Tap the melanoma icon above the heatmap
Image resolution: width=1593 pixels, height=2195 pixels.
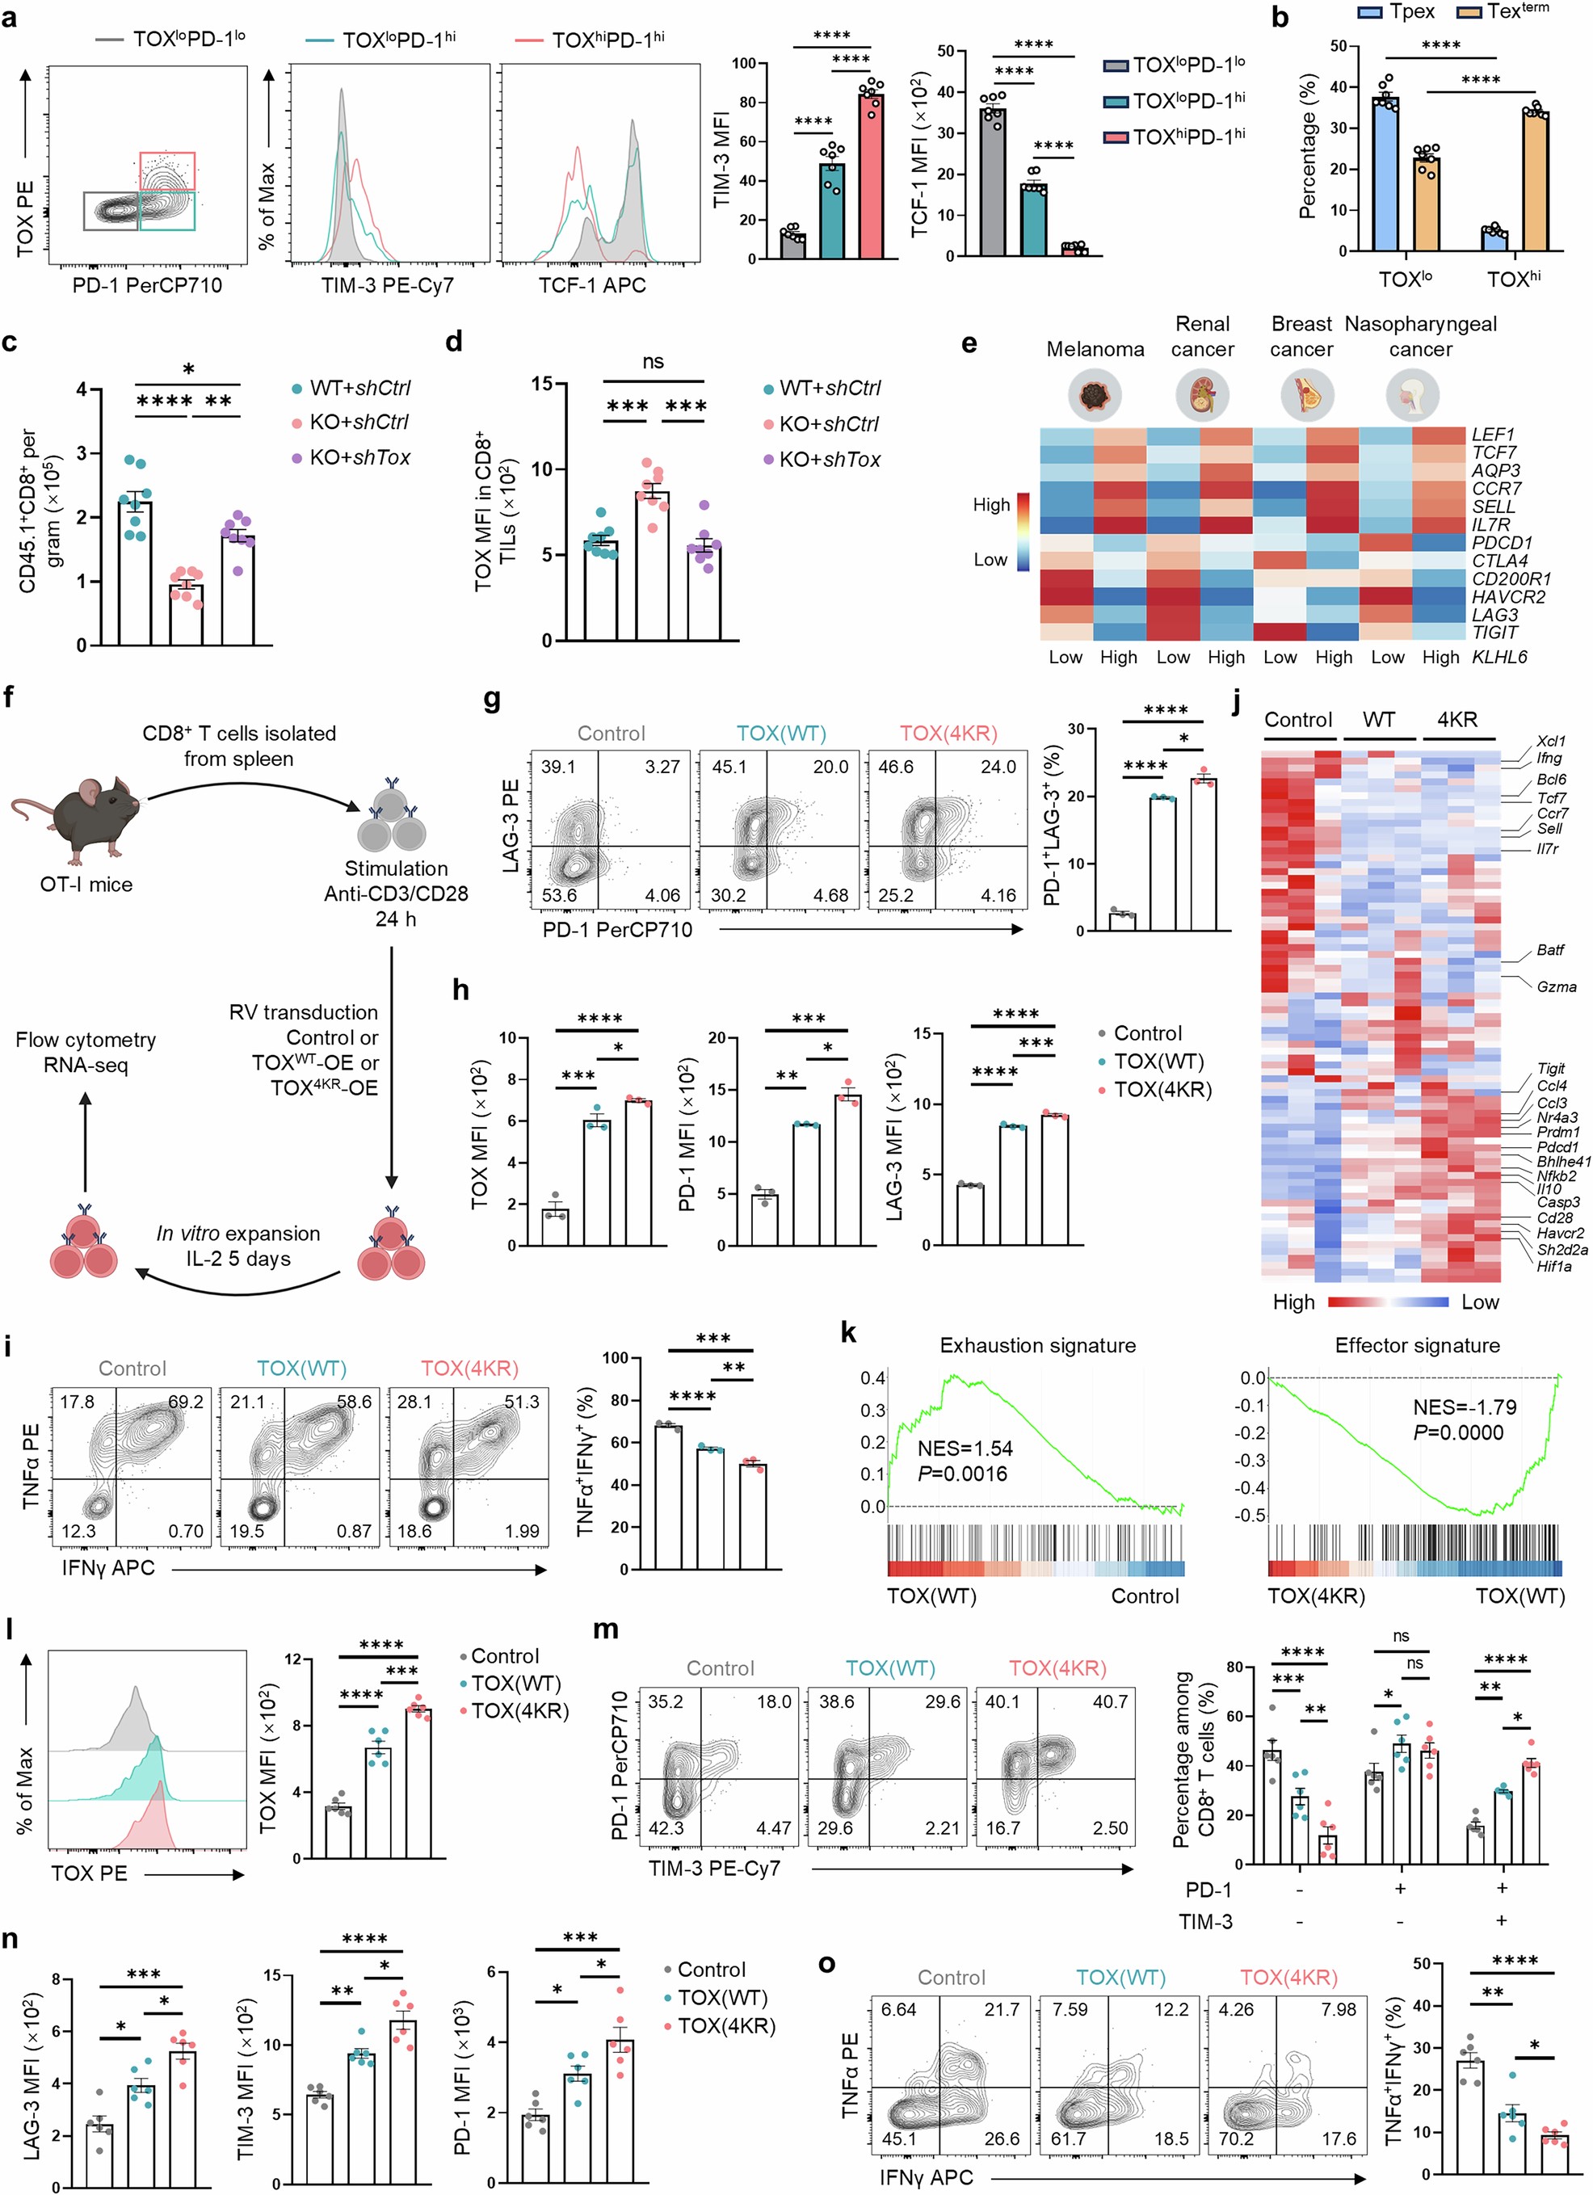point(1095,396)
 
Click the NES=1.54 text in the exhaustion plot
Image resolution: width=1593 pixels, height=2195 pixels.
point(965,1448)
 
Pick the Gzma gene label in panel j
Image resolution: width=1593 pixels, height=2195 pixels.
point(1556,987)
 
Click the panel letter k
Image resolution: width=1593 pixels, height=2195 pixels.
point(849,1333)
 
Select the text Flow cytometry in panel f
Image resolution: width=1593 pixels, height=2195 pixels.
point(85,1040)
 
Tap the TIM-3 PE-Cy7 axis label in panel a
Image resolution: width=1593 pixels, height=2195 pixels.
point(387,285)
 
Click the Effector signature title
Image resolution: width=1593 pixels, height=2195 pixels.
point(1417,1345)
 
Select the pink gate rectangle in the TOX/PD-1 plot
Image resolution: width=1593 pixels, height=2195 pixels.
point(167,170)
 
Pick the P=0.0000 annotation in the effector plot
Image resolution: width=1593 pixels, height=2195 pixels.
point(1458,1432)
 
